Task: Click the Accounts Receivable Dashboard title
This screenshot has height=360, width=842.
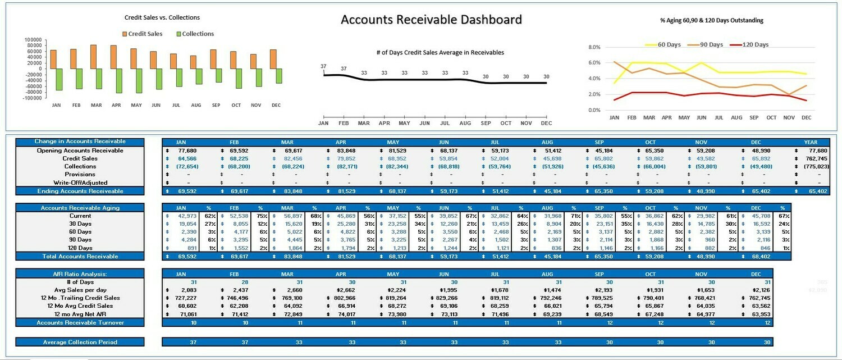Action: pos(431,20)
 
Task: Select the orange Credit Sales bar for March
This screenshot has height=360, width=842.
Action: pos(93,57)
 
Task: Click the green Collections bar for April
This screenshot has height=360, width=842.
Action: pos(119,81)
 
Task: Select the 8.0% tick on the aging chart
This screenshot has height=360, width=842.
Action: pos(594,48)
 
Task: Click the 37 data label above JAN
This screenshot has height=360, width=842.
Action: pos(323,67)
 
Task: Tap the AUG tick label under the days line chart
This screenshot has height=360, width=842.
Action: pos(465,123)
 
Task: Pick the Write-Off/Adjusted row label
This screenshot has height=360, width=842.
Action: pos(80,183)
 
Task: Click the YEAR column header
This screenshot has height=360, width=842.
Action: pos(811,142)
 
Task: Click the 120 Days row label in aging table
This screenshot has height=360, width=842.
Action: pos(80,248)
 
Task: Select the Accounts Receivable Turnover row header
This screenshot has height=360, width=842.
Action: pos(80,322)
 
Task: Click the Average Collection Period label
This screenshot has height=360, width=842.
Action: pos(80,342)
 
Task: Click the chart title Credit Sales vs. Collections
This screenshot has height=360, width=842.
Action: pos(162,17)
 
